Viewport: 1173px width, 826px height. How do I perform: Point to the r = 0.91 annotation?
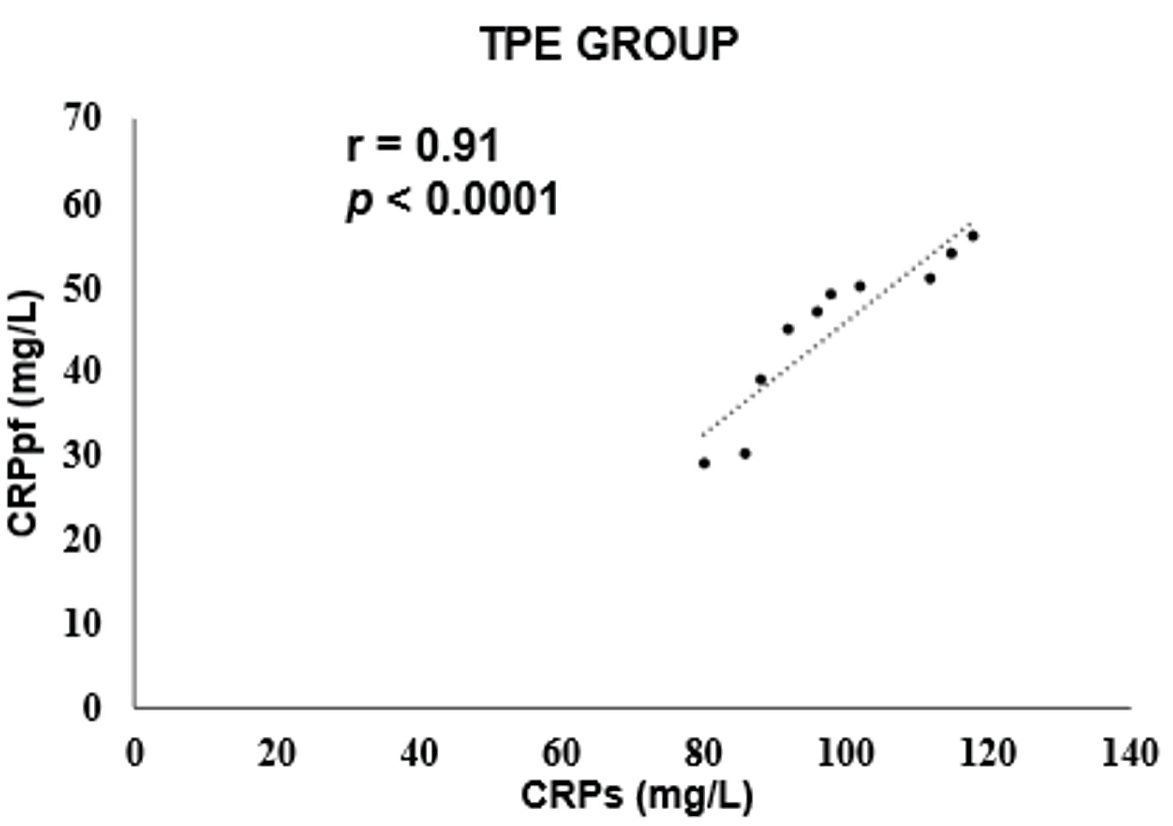coord(422,146)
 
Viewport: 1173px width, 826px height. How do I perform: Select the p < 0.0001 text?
coord(453,199)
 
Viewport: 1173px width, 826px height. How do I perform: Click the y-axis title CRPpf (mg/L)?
coord(25,412)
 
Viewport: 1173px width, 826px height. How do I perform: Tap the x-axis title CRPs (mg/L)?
coord(637,794)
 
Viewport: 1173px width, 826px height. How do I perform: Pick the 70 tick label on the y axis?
coord(83,119)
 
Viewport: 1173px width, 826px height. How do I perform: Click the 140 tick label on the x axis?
coord(1129,753)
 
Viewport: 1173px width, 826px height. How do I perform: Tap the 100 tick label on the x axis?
coord(845,753)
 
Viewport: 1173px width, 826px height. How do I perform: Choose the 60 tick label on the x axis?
coord(561,753)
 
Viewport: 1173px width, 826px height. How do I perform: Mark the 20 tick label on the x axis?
coord(277,753)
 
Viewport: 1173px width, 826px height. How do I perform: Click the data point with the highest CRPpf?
coord(972,236)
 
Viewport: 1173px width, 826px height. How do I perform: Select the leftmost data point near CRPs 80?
coord(704,463)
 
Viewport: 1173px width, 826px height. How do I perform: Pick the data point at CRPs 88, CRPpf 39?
coord(761,380)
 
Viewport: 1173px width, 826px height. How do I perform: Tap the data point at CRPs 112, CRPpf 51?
coord(929,278)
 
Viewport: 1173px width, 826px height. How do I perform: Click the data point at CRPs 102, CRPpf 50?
coord(859,286)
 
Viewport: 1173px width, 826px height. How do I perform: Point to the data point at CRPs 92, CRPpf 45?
coord(788,329)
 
